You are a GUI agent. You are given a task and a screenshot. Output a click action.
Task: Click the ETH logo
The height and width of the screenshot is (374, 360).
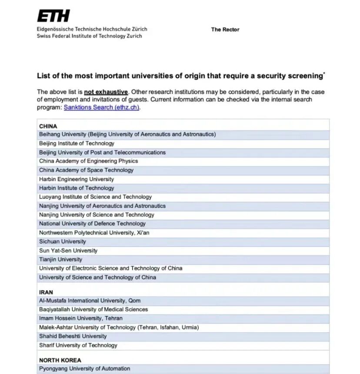[53, 17]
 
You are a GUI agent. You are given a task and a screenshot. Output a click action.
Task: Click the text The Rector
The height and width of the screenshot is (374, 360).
[225, 30]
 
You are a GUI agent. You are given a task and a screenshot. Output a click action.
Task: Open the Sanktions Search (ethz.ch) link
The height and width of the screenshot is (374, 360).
[102, 107]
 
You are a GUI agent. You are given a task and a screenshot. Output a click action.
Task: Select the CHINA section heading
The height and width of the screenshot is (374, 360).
[48, 126]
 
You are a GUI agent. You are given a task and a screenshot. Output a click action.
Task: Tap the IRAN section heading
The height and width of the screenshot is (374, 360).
[46, 292]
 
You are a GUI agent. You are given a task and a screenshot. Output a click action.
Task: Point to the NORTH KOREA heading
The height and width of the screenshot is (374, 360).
[60, 360]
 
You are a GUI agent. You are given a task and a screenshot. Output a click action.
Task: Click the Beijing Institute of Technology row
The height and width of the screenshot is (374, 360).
[77, 143]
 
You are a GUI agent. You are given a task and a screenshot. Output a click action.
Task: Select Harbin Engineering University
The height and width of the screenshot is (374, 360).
[77, 179]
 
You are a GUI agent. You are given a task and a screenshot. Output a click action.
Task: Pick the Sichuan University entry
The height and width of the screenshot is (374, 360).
[63, 242]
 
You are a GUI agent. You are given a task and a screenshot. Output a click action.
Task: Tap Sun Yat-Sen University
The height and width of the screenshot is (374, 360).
[68, 251]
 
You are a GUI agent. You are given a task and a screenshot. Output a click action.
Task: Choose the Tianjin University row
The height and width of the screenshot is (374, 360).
[60, 259]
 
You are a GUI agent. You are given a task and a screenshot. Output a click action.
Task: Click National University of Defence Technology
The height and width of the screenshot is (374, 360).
[92, 224]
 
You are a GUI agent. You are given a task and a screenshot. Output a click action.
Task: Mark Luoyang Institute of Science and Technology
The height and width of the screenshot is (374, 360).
[95, 197]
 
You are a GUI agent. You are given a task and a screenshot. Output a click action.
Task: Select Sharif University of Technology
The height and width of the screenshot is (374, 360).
[78, 345]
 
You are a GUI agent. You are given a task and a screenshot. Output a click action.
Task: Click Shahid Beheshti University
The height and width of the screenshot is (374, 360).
[73, 336]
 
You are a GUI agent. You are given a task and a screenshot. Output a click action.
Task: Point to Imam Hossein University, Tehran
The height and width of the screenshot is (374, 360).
[81, 318]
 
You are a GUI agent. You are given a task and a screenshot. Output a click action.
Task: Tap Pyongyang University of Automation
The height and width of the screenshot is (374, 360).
[84, 369]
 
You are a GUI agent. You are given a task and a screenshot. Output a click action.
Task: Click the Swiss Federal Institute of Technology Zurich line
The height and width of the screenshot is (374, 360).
[89, 36]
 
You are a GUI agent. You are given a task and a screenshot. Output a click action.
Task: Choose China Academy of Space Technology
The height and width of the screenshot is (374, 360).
[86, 170]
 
